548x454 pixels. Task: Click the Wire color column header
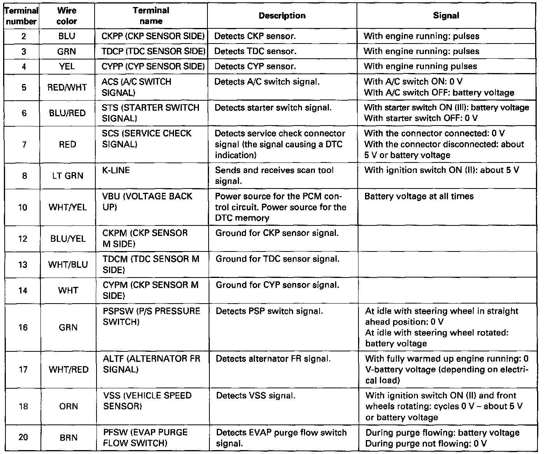click(67, 16)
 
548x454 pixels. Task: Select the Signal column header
click(446, 16)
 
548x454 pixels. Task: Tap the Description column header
click(282, 16)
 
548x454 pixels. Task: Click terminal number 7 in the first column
click(24, 145)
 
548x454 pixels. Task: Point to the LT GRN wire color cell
click(68, 176)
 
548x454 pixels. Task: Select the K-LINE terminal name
click(116, 170)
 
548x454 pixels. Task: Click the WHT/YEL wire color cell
click(68, 207)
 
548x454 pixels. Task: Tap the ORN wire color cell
click(68, 406)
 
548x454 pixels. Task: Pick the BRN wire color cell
click(68, 438)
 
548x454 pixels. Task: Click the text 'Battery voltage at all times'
click(419, 196)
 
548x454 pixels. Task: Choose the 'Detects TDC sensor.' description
click(255, 51)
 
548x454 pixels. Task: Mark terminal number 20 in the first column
click(23, 437)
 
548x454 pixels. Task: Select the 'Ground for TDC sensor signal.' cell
click(278, 259)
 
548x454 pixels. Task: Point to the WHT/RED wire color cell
click(68, 369)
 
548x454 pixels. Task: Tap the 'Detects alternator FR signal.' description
click(273, 359)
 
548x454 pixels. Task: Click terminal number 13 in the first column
click(23, 265)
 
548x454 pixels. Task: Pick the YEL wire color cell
click(67, 66)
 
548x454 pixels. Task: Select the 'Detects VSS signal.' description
click(256, 396)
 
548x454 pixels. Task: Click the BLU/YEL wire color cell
click(68, 239)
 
